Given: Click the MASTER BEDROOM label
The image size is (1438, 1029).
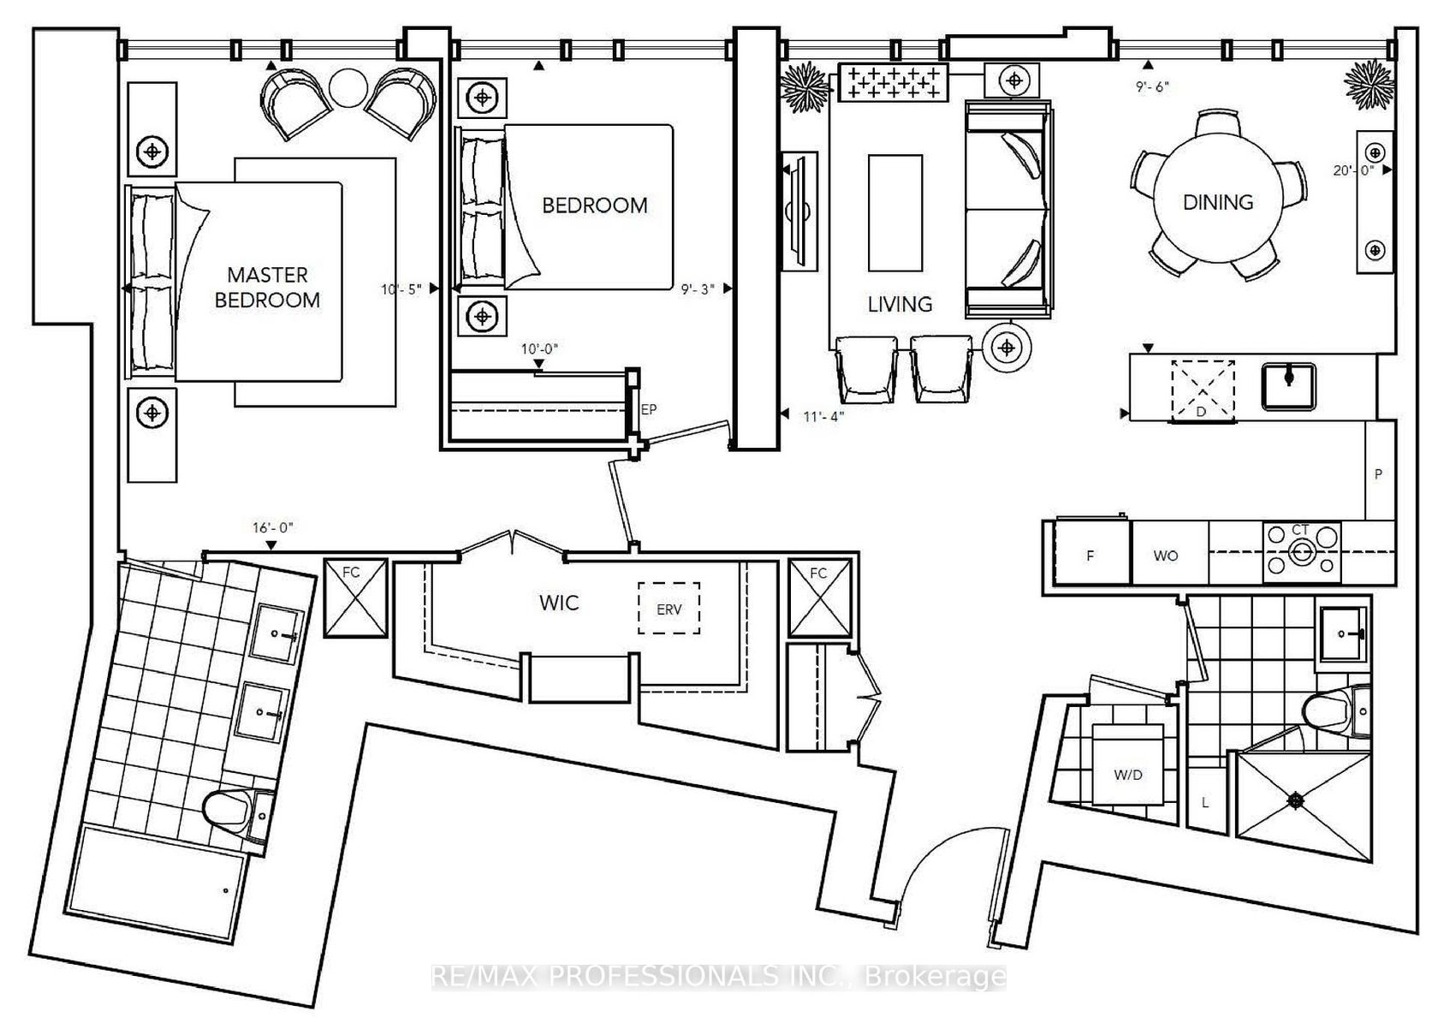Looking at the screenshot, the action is click(x=267, y=287).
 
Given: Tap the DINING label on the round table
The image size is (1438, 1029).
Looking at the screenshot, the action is click(x=1218, y=202).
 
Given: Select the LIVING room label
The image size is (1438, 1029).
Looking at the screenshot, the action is click(x=900, y=304).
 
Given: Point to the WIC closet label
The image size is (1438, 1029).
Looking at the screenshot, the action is click(x=558, y=603).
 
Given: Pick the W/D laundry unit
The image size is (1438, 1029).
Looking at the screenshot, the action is click(x=1128, y=764).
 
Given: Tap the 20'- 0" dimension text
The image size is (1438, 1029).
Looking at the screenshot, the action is click(x=1353, y=170).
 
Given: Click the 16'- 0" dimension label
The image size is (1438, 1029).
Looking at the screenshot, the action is click(x=272, y=527).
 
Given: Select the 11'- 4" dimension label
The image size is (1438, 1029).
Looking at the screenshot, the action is click(x=823, y=417).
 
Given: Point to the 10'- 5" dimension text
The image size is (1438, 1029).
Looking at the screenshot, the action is click(x=401, y=289).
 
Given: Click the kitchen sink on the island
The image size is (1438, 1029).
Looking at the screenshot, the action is click(x=1288, y=386).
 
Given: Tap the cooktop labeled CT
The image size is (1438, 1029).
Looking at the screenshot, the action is click(x=1301, y=552).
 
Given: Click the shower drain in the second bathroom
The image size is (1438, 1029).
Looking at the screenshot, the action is click(x=1296, y=800).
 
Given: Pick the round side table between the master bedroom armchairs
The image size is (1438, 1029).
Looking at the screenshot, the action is click(x=348, y=88).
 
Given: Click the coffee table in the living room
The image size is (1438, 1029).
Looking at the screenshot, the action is click(x=895, y=212).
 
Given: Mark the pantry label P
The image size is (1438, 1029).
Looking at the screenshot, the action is click(x=1378, y=474).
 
